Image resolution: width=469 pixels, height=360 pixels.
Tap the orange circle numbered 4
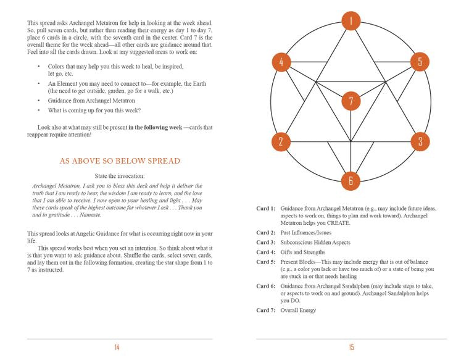click(281, 62)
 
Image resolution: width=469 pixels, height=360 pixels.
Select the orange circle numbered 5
click(420, 62)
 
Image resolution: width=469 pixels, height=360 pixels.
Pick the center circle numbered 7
click(351, 101)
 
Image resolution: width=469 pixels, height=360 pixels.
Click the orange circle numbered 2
click(281, 141)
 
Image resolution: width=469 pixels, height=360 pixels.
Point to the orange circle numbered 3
click(420, 141)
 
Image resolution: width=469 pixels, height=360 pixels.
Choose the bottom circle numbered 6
click(351, 180)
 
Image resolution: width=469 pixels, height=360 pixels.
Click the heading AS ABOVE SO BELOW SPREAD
click(120, 161)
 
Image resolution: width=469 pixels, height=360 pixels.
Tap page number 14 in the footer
click(117, 348)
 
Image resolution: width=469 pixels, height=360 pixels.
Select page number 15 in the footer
click(351, 348)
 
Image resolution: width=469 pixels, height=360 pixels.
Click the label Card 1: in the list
click(266, 209)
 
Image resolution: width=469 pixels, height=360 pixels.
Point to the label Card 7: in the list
click(266, 310)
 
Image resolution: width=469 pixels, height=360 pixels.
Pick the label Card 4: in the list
click(266, 252)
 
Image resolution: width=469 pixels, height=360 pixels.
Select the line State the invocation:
click(120, 176)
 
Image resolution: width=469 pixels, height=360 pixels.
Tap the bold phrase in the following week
click(155, 127)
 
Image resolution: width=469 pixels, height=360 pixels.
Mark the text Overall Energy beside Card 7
click(298, 310)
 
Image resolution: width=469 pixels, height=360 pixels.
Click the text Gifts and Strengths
click(302, 252)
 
